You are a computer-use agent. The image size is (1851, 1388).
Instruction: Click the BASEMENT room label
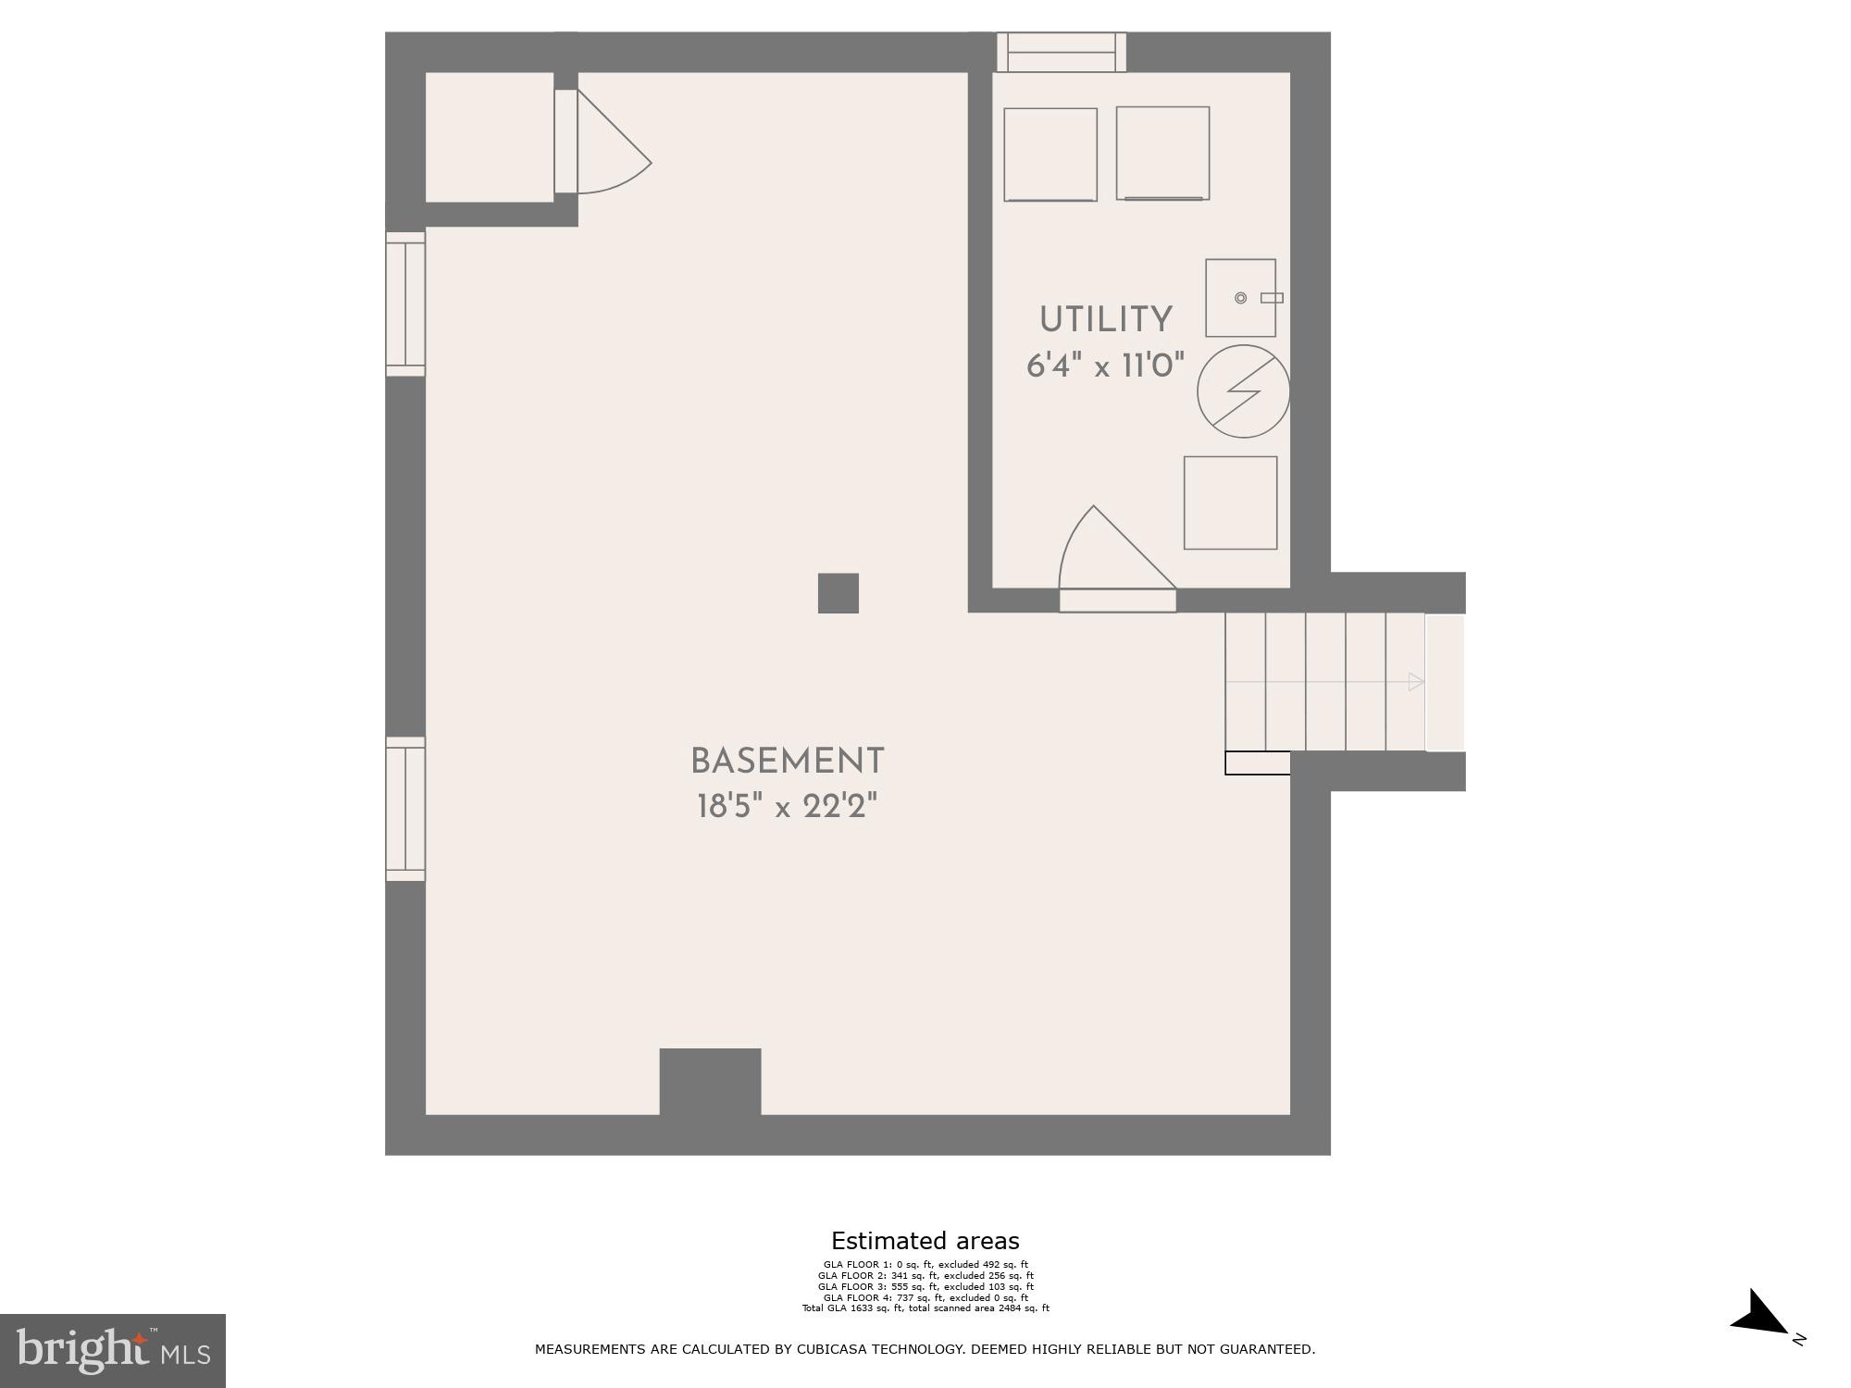[x=788, y=762]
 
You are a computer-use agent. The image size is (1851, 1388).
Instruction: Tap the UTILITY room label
[x=1105, y=320]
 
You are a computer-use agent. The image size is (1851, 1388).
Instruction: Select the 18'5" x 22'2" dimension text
[x=787, y=807]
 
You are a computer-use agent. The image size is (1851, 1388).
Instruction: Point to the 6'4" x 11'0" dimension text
[x=1105, y=366]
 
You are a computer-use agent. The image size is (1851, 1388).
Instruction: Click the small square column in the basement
[x=838, y=593]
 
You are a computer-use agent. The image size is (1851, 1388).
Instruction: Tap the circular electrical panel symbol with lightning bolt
[x=1243, y=391]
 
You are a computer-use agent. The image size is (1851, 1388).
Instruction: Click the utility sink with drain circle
[x=1240, y=298]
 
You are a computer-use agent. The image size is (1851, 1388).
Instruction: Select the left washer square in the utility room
[x=1050, y=155]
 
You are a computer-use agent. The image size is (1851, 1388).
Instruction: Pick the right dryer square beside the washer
[x=1162, y=153]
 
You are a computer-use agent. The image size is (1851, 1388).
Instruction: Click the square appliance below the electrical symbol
[x=1230, y=502]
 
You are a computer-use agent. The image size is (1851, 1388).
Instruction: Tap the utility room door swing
[x=1111, y=555]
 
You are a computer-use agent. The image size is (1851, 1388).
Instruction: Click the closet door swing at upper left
[x=606, y=148]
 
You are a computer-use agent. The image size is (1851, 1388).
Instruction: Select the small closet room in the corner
[x=489, y=137]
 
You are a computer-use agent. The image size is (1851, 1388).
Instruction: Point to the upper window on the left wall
[x=405, y=304]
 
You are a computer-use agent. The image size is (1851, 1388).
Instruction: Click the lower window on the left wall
[x=405, y=809]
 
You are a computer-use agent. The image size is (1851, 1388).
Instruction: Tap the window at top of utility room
[x=1061, y=52]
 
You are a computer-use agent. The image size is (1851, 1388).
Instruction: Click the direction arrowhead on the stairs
[x=1415, y=682]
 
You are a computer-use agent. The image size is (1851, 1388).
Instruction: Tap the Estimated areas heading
[x=925, y=1241]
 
